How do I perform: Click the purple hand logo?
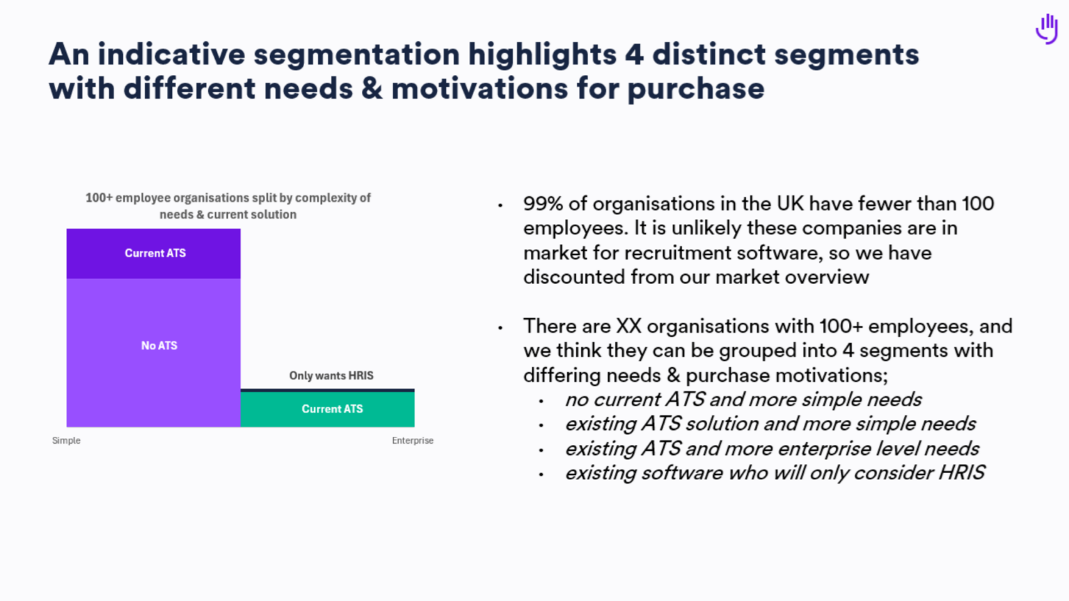[1047, 29]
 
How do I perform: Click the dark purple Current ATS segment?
[154, 253]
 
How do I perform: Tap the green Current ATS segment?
[328, 409]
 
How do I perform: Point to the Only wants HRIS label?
[331, 376]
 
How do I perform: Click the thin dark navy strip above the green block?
[328, 390]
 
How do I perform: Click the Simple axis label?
[66, 440]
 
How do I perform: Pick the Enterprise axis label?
[413, 440]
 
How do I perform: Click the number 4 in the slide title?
[634, 54]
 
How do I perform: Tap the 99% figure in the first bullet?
[543, 204]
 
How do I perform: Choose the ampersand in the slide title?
[372, 88]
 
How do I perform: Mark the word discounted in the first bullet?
[574, 277]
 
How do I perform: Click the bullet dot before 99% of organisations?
[500, 205]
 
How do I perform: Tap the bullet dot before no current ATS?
[541, 401]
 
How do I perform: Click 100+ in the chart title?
[99, 198]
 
